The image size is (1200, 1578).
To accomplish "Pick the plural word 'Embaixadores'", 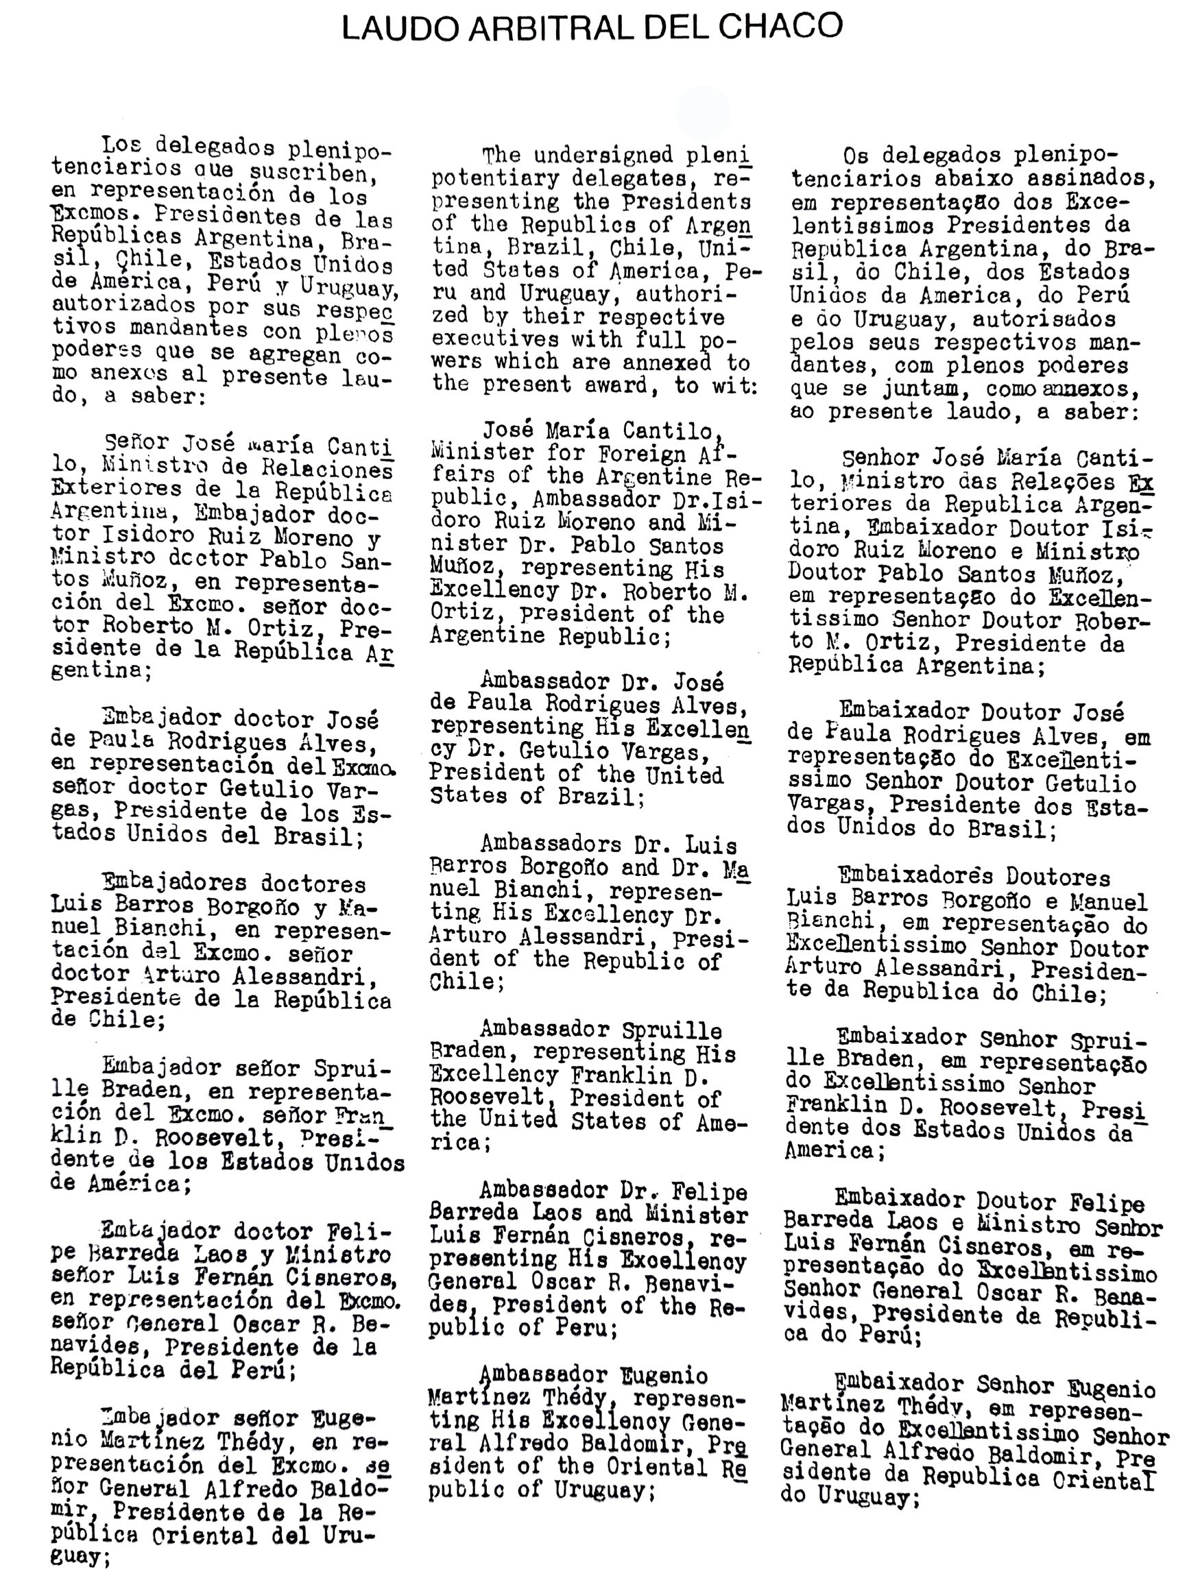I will (x=907, y=877).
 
